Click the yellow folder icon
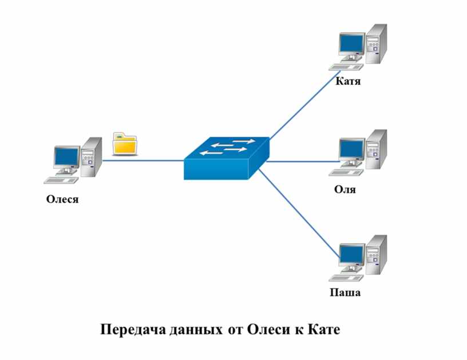tap(125, 144)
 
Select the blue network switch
tap(227, 158)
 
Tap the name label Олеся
tap(62, 199)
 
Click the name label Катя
tap(348, 81)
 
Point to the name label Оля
tap(345, 189)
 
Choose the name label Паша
tap(345, 292)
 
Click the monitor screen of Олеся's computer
tap(66, 157)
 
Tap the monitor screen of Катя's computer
tap(351, 43)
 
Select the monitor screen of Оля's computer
tap(351, 149)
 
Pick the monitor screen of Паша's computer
tap(351, 254)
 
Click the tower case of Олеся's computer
tap(92, 157)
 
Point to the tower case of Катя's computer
tap(377, 43)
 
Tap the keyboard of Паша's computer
tap(346, 278)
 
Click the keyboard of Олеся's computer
tap(61, 180)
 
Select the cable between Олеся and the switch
tap(143, 161)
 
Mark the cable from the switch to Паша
tap(299, 213)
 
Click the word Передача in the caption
tap(133, 330)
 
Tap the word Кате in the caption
tap(323, 330)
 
